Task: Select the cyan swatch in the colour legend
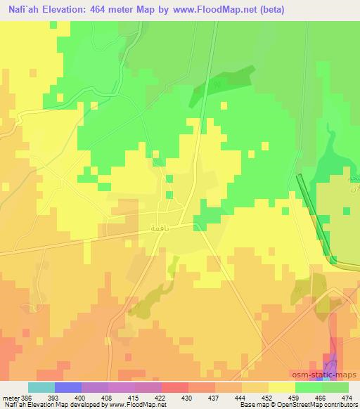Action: [41, 387]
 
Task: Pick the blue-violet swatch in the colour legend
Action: [68, 387]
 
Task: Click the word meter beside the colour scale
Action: [10, 398]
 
